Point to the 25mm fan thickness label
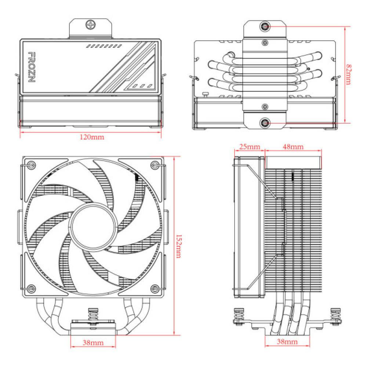249,147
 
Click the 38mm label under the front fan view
92,343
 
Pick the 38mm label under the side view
287,342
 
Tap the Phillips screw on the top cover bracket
90,25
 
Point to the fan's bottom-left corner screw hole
32,287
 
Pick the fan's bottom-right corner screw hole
155,287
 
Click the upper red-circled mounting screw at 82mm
265,26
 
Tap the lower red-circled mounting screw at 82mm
265,123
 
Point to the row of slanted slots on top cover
104,47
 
